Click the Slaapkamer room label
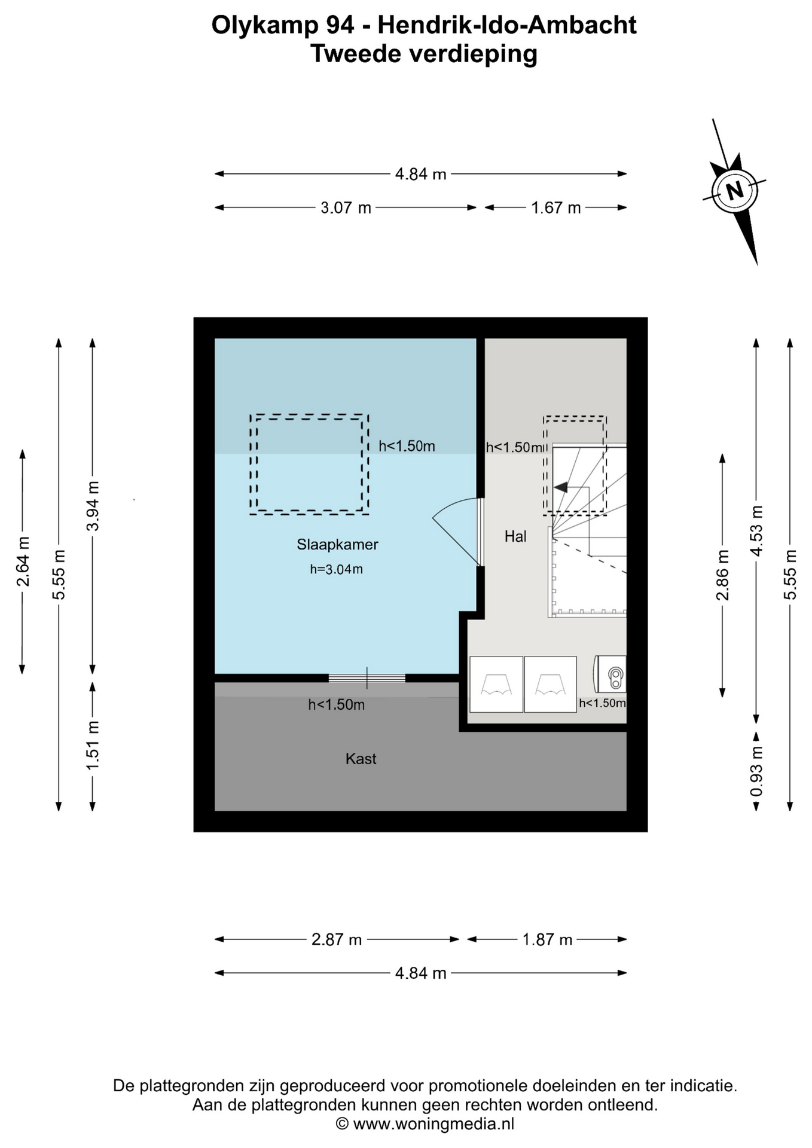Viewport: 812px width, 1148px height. point(337,545)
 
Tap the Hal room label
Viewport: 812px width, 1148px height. point(515,536)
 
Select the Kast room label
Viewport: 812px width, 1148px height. point(361,759)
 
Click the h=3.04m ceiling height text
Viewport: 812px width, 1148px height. point(336,569)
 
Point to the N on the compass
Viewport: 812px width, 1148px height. point(734,191)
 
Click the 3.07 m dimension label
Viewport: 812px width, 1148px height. point(346,208)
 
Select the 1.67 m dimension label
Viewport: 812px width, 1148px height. point(556,208)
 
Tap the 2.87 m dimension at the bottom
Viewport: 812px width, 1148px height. point(337,940)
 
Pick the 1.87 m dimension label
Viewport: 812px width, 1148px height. point(547,940)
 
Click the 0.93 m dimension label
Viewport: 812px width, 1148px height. point(756,771)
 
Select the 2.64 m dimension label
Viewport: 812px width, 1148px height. point(22,561)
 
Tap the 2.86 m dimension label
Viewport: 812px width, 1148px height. point(722,575)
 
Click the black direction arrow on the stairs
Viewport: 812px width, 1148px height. point(560,487)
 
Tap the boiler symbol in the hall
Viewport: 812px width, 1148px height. point(610,675)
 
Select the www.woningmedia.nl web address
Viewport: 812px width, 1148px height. point(434,1125)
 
